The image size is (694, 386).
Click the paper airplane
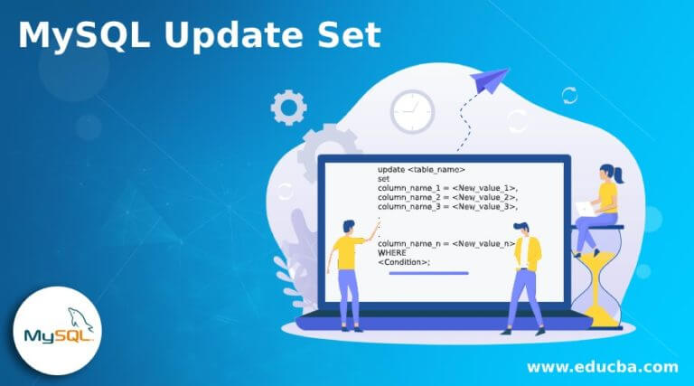[x=489, y=80]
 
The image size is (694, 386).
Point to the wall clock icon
[x=412, y=111]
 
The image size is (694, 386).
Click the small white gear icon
[x=288, y=108]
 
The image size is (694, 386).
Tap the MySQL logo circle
[x=58, y=330]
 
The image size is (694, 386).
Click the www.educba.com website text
[x=603, y=367]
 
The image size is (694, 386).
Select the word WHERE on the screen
[x=391, y=253]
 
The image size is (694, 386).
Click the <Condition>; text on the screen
[x=404, y=262]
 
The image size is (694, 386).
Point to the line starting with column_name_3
[x=447, y=207]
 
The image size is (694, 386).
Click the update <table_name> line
[x=421, y=170]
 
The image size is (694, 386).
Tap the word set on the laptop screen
[x=383, y=179]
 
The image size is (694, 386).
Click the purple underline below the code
[x=428, y=273]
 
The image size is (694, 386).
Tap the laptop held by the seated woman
[x=586, y=209]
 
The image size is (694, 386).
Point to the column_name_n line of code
[x=446, y=243]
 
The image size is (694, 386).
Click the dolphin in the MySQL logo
[x=80, y=318]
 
